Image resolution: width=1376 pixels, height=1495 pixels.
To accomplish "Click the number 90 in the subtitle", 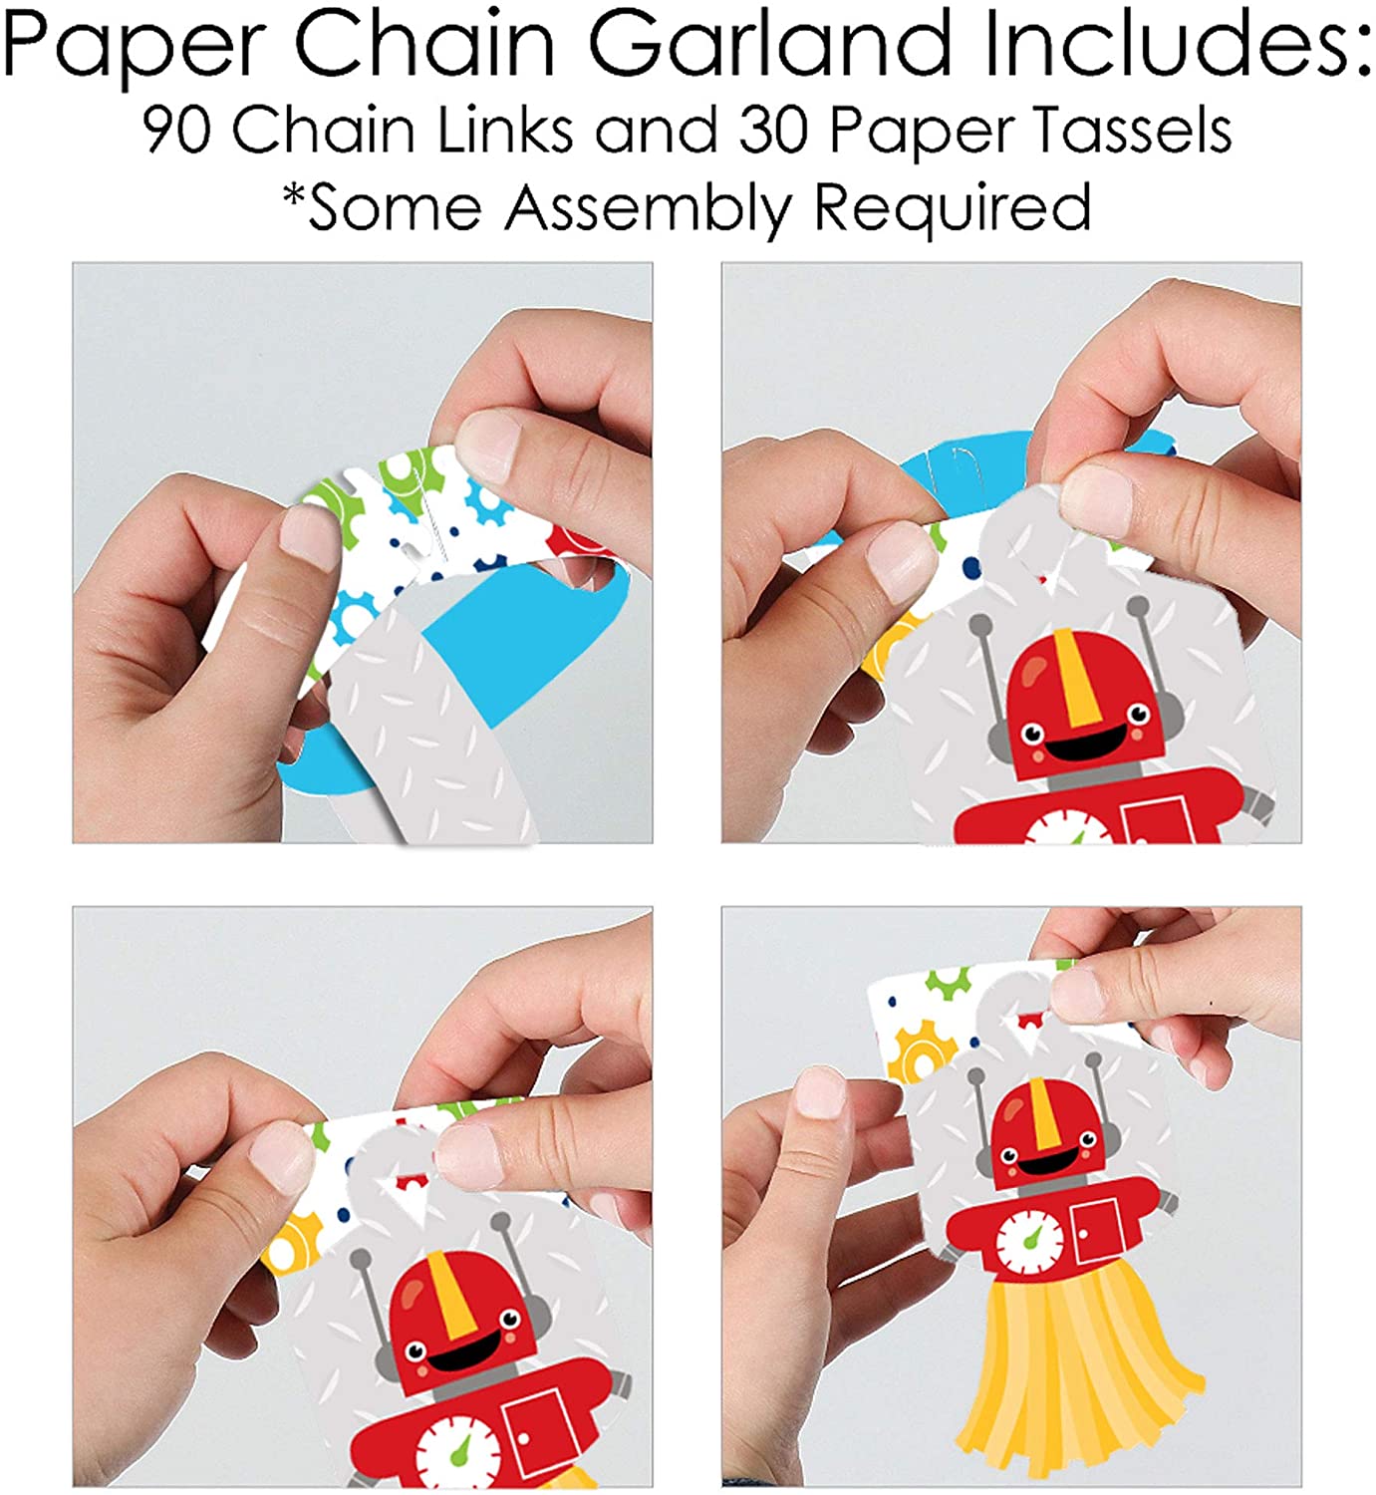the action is pos(177,132).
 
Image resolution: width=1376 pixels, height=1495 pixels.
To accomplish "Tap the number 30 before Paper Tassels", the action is pos(774,132).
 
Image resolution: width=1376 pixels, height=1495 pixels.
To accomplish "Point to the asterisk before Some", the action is pos(295,196).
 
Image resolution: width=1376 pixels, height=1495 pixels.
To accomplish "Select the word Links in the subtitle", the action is pos(505,132).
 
